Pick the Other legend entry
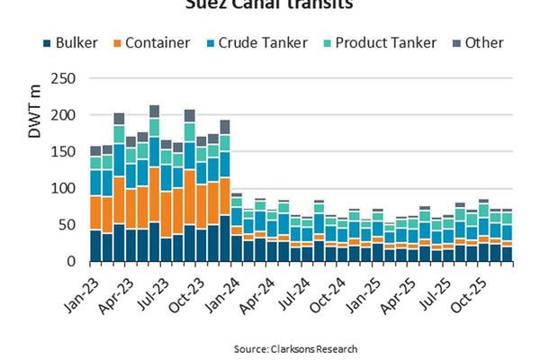(478, 42)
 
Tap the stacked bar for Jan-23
(95, 202)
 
